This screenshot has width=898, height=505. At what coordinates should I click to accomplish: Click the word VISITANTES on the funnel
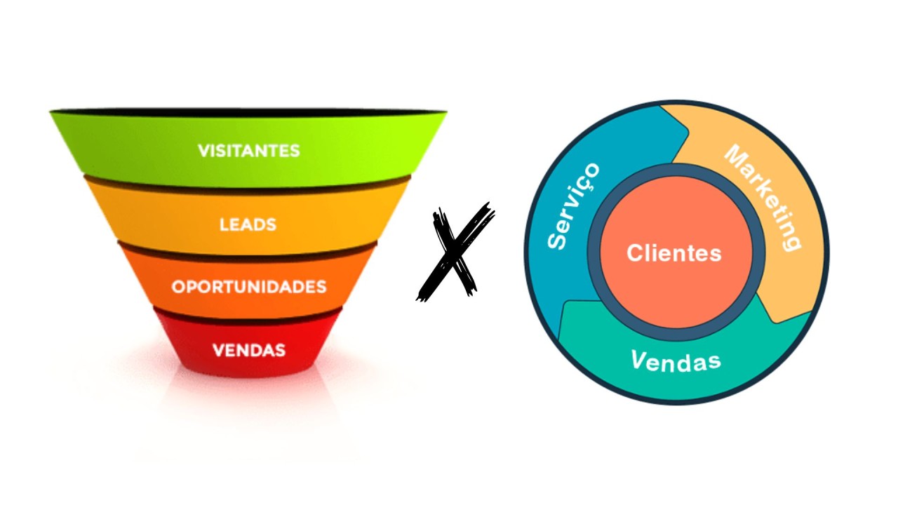point(248,151)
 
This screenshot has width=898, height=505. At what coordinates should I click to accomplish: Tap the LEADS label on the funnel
point(248,225)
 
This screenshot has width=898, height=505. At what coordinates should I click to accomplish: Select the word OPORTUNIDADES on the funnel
point(249,287)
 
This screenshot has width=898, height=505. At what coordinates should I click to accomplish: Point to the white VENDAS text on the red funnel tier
point(248,349)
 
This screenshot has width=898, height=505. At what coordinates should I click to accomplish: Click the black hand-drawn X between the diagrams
point(456,252)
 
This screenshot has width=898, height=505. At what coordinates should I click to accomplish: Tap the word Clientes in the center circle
point(673,253)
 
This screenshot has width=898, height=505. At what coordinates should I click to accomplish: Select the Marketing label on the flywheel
point(763,196)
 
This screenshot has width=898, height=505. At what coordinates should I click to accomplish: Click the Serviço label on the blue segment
point(573,206)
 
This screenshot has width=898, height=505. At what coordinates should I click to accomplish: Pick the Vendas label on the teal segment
point(676,362)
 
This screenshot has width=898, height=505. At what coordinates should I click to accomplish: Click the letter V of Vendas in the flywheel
point(638,361)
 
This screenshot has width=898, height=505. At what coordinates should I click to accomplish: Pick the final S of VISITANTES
point(295,151)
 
